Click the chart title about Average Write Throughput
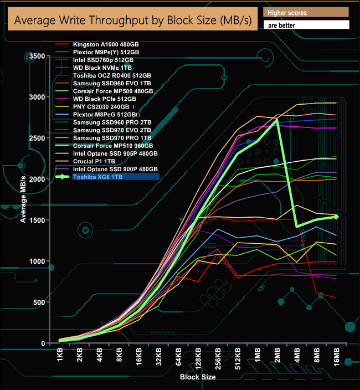(x=131, y=20)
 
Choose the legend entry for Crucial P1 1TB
(x=97, y=161)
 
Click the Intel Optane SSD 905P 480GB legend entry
(x=115, y=153)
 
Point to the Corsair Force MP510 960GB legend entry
(x=111, y=146)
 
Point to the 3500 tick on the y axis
(x=37, y=57)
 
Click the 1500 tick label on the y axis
(x=37, y=220)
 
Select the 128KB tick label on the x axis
(x=199, y=357)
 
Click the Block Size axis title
(x=198, y=377)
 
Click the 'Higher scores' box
(x=306, y=12)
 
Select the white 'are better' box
(x=306, y=25)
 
